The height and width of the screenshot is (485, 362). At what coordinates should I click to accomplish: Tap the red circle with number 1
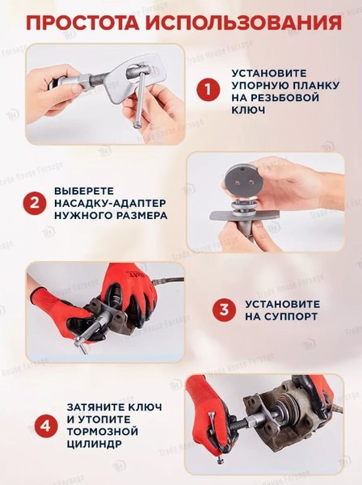click(x=209, y=89)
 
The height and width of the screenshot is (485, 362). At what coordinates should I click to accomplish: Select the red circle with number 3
click(x=224, y=309)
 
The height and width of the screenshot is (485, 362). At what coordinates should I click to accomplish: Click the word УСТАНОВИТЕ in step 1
click(x=272, y=72)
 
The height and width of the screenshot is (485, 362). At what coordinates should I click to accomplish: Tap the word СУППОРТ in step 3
click(x=281, y=315)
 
